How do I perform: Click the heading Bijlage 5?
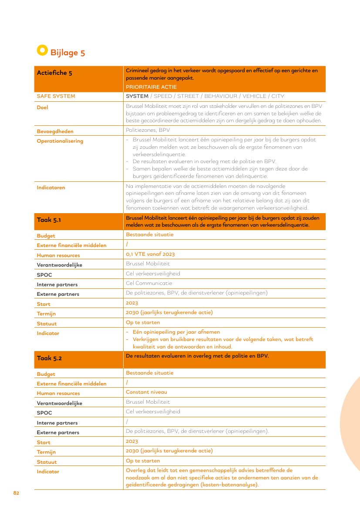[x=67, y=53]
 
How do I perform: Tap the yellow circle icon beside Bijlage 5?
[x=42, y=50]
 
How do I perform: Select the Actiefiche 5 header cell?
[x=54, y=73]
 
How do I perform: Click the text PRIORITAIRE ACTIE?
[x=151, y=87]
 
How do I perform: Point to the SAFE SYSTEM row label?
[x=56, y=96]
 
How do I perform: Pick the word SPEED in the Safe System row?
[x=163, y=96]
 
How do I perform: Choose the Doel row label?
[x=42, y=107]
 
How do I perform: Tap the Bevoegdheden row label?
[x=55, y=131]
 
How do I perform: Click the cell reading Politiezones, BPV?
[x=148, y=130]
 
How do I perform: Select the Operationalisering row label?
[x=60, y=141]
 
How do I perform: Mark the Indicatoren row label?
[x=50, y=188]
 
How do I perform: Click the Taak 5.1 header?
[x=49, y=220]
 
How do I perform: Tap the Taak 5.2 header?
[x=49, y=358]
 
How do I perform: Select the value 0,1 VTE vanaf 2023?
[x=150, y=254]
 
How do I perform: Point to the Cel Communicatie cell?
[x=149, y=283]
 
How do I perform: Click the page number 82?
[x=16, y=493]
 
